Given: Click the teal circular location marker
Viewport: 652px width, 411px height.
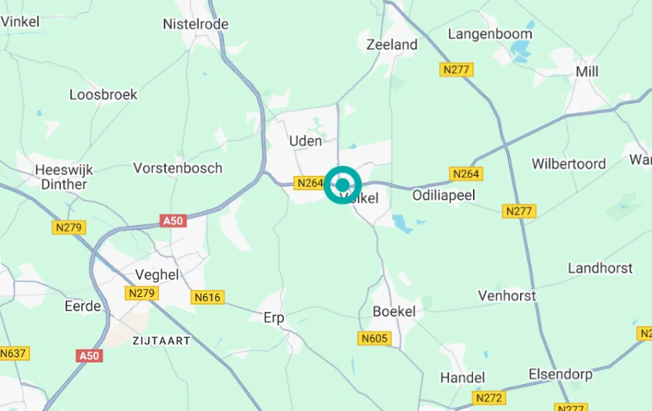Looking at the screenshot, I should coord(343,185).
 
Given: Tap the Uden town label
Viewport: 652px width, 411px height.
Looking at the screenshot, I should coord(305,141).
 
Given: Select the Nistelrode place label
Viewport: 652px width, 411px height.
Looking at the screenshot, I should coord(195,24).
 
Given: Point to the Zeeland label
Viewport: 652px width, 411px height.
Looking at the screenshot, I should coord(392,45).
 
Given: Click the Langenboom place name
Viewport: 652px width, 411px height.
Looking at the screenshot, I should coord(490,34).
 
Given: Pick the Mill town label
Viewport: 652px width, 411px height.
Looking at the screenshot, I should coord(586,72).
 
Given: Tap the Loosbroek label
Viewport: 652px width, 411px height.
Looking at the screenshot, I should coord(103,95).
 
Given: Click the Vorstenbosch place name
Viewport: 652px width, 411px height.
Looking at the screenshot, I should coord(177,168).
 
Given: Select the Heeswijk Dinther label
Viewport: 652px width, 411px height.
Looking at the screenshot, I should coord(62,176).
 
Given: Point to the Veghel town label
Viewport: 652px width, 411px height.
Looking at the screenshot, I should coord(157,275).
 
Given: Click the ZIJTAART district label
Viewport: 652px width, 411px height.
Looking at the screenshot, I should coord(160,340).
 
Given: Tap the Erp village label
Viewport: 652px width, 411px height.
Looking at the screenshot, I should coord(274,318).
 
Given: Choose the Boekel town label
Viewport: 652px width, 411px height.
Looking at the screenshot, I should coord(394,312).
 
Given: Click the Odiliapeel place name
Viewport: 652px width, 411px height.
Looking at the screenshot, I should coord(444,196).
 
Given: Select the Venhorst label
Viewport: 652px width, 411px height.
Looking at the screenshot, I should coord(507,295).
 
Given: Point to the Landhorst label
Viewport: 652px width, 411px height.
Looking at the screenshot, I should coord(600,268).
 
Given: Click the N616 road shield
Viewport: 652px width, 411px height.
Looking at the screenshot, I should coord(208,297).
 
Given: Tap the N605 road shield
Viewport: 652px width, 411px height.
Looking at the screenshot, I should coord(375,339).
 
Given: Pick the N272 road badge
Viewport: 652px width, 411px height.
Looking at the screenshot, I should coord(489,398).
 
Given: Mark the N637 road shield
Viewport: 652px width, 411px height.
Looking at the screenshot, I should coord(12,353).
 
